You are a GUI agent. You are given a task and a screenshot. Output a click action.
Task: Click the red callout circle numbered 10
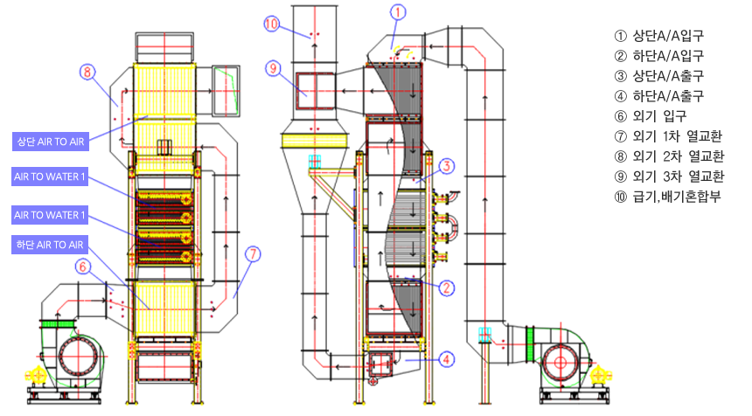[272, 24]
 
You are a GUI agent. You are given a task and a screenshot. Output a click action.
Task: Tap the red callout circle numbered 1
[398, 12]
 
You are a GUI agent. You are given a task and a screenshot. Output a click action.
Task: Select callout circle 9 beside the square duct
[274, 68]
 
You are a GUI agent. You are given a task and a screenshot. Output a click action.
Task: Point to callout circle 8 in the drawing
[87, 72]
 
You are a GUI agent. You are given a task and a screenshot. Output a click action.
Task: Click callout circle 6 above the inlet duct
[83, 267]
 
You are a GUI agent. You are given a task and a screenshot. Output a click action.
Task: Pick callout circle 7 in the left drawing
[253, 254]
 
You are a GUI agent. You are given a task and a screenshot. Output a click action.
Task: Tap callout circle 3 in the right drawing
[447, 166]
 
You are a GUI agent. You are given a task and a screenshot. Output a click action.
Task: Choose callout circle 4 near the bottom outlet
[447, 359]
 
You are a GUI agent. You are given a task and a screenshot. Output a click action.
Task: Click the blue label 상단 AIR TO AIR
[51, 142]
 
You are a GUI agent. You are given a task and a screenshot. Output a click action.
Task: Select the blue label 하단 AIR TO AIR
[50, 245]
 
